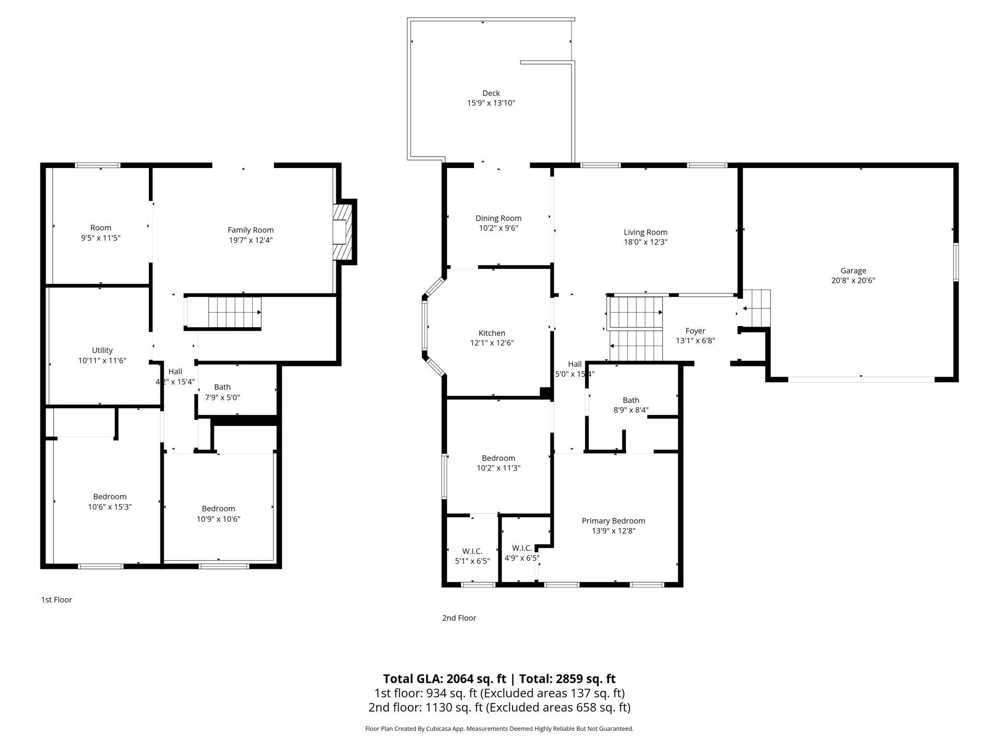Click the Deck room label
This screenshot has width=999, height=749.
click(491, 93)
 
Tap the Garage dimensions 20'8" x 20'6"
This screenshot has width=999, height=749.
click(853, 280)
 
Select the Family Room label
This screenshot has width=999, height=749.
click(251, 230)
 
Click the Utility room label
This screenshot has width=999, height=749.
click(102, 350)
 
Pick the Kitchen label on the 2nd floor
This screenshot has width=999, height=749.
click(492, 333)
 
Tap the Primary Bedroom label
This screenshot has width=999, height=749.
click(613, 521)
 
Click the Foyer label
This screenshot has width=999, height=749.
click(695, 331)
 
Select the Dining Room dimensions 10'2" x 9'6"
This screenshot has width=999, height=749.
click(499, 228)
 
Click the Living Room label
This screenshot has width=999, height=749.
click(646, 232)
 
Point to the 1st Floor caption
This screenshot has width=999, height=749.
click(56, 600)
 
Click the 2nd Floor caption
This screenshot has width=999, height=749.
click(459, 618)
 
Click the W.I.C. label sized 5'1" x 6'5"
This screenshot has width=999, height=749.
click(472, 551)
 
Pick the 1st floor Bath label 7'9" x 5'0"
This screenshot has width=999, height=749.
click(222, 387)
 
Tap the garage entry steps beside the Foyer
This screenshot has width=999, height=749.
click(756, 308)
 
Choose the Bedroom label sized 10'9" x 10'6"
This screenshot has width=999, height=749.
click(219, 509)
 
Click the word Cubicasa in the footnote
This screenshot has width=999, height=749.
click(439, 729)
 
